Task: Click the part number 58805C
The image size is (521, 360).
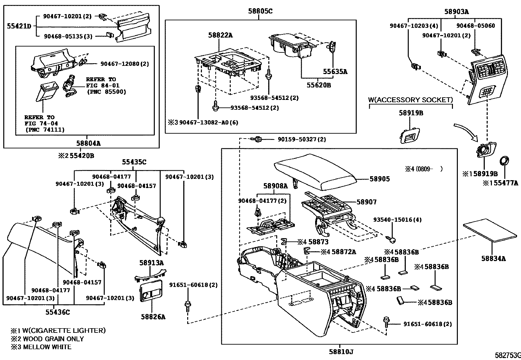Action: [260, 11]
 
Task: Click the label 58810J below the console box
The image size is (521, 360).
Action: [341, 352]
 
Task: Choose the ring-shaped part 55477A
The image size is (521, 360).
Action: [504, 161]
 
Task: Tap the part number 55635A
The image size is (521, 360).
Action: [335, 71]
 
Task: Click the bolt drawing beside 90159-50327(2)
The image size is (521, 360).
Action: [257, 139]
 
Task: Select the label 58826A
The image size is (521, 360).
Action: [153, 317]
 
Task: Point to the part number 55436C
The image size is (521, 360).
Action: [58, 312]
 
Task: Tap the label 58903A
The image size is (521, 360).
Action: [457, 12]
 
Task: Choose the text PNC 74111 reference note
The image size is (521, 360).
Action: [45, 130]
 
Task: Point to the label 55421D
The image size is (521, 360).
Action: [19, 26]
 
